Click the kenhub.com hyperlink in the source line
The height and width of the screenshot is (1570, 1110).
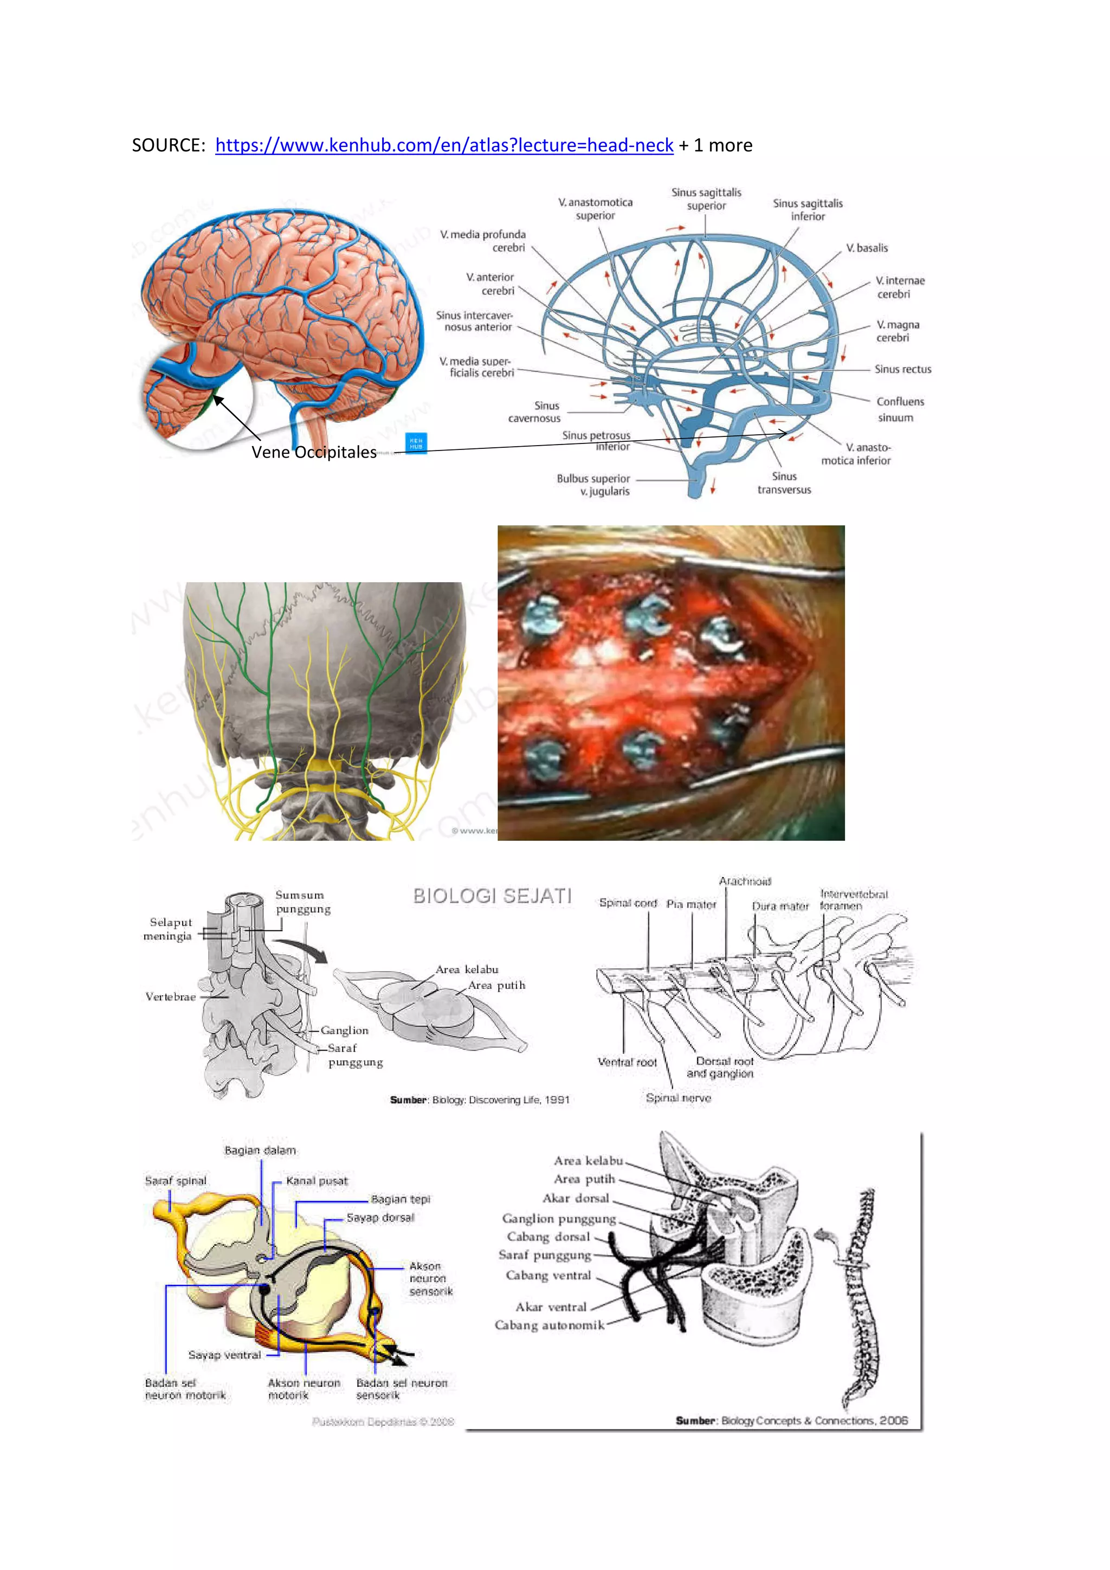[x=444, y=146]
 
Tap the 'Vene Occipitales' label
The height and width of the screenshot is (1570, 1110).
[x=314, y=452]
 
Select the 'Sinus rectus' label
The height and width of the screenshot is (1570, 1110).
[x=902, y=369]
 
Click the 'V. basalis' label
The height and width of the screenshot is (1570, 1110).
[x=867, y=248]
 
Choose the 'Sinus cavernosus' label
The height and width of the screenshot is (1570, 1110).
[x=534, y=411]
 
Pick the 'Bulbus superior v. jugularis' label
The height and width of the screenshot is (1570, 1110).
[x=593, y=485]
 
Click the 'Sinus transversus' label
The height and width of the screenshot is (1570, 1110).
[x=784, y=482]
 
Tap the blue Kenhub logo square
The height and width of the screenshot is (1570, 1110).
[x=416, y=442]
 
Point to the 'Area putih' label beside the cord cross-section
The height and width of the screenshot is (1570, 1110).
[x=496, y=986]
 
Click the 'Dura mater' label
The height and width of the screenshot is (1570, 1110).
[x=780, y=906]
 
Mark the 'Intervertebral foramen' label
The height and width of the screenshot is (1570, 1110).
[x=853, y=900]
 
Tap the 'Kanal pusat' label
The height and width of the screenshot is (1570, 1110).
[x=317, y=1180]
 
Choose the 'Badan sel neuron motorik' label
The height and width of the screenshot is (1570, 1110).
[x=184, y=1389]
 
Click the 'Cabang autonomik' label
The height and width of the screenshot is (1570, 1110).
[x=550, y=1325]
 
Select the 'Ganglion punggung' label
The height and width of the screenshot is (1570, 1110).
[x=558, y=1219]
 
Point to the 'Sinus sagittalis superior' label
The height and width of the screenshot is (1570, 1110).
[x=706, y=199]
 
